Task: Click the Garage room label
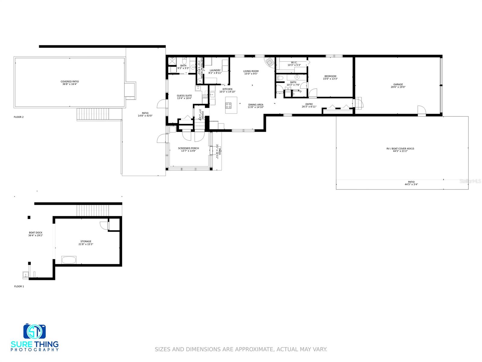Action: click(x=398, y=84)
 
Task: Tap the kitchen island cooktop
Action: click(x=228, y=106)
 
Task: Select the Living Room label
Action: click(x=251, y=71)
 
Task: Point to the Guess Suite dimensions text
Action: click(x=184, y=98)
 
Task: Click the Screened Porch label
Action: click(x=188, y=148)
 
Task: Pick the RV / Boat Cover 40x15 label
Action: click(x=400, y=148)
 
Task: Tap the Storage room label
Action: click(x=86, y=241)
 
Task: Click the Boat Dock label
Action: click(x=36, y=233)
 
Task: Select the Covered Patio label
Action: click(x=70, y=81)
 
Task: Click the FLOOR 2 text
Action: click(x=19, y=117)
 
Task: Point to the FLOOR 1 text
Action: click(x=19, y=286)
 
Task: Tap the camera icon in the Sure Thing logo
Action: click(x=34, y=332)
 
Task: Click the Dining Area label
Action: click(x=256, y=105)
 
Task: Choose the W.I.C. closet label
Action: click(x=294, y=62)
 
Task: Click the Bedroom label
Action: click(x=330, y=76)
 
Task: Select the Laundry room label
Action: click(x=215, y=70)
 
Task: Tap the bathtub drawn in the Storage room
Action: click(x=69, y=260)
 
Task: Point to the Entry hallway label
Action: click(x=309, y=104)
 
